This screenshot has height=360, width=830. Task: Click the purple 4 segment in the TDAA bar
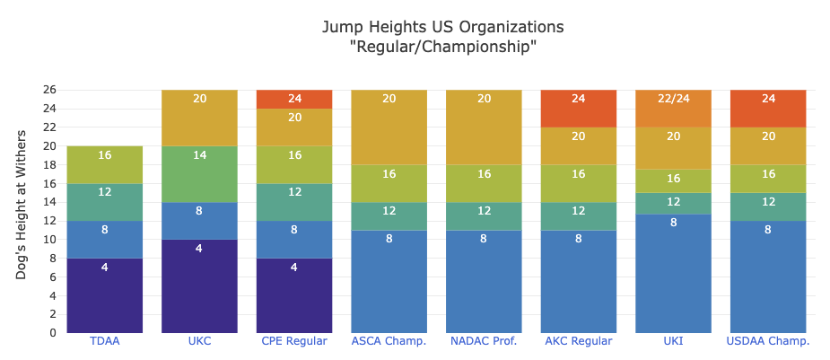tap(104, 295)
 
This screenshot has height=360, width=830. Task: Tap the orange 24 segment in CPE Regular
tap(294, 99)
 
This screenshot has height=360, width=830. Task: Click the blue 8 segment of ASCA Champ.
tap(389, 281)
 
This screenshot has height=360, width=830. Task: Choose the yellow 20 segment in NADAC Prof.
tap(484, 127)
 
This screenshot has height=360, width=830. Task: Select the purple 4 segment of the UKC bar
tap(199, 285)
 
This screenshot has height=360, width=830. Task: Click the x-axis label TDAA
tap(104, 341)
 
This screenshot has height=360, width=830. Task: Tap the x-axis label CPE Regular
tap(294, 341)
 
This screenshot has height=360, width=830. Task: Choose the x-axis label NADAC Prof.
tap(484, 341)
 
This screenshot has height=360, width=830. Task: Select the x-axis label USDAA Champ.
tap(768, 341)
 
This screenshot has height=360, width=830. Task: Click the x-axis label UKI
tap(673, 341)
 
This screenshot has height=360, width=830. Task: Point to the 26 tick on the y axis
tap(48, 90)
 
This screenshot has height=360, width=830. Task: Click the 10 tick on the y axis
tap(48, 240)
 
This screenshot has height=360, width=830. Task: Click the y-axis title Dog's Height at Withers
tap(22, 204)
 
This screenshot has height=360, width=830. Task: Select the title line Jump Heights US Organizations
tap(443, 26)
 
